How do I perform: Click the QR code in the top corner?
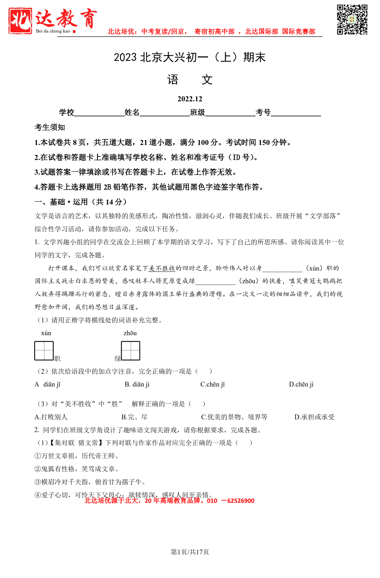352,19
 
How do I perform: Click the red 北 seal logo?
20,21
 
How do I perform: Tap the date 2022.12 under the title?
190,99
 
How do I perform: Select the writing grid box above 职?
44,350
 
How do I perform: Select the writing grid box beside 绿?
130,350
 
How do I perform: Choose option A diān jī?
48,384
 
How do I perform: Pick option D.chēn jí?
301,384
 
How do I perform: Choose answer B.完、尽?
134,417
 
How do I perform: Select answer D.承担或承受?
314,417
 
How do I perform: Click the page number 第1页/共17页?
190,552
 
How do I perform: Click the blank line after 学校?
99,113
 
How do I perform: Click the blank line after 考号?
296,113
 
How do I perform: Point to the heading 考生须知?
50,127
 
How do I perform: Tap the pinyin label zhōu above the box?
130,333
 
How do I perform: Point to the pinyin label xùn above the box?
46,333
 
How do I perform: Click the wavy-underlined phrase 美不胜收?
162,268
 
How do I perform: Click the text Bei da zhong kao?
53,31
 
